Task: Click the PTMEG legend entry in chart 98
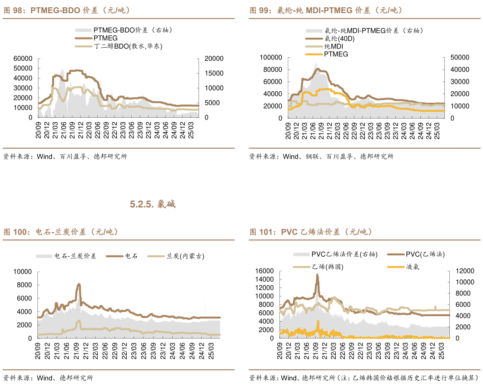105,38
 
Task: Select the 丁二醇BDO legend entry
128,46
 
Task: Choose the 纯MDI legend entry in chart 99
334,46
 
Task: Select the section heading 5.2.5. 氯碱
153,204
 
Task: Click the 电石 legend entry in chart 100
131,256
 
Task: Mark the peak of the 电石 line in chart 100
79,284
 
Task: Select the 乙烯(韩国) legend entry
328,267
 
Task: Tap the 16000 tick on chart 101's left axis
264,271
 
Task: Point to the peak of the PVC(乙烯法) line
317,274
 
